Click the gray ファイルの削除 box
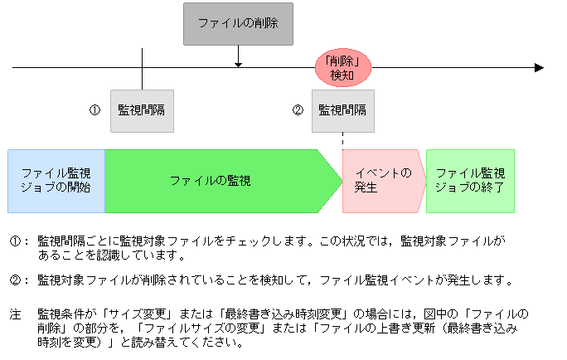click(238, 24)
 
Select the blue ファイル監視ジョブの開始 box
click(56, 181)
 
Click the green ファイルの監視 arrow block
click(211, 181)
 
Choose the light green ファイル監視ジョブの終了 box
click(470, 181)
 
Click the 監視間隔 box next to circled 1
click(143, 110)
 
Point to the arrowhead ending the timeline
click(539, 67)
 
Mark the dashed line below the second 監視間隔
click(342, 141)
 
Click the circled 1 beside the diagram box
click(95, 110)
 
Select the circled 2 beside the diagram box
click(297, 110)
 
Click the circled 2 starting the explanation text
click(14, 280)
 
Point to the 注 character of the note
click(14, 315)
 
